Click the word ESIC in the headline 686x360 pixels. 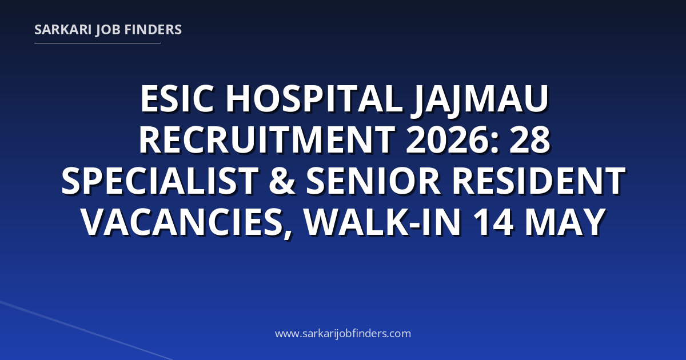pos(177,99)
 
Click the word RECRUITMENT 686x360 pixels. pos(267,140)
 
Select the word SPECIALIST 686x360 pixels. pos(159,181)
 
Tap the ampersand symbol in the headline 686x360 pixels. pos(282,181)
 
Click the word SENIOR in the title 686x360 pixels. pos(373,181)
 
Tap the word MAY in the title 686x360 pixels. pos(565,222)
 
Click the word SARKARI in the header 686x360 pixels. pos(63,30)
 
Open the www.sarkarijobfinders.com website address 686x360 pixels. pos(343,333)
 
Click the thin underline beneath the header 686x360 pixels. pos(97,43)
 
